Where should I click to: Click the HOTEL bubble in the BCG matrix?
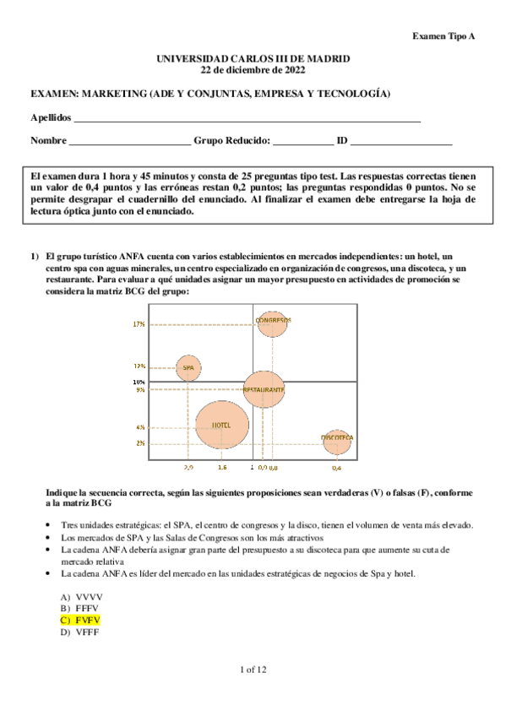pyautogui.click(x=221, y=425)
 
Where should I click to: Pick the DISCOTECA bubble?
pyautogui.click(x=336, y=437)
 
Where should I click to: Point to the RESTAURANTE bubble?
pyautogui.click(x=264, y=389)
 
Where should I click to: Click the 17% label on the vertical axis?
pyautogui.click(x=162, y=323)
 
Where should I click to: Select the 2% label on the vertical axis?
pyautogui.click(x=164, y=442)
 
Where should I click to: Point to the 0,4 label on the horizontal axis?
pyautogui.click(x=336, y=467)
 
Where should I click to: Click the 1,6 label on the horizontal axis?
pyautogui.click(x=221, y=467)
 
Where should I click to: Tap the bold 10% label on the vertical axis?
pyautogui.click(x=162, y=382)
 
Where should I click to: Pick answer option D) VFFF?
pyautogui.click(x=80, y=632)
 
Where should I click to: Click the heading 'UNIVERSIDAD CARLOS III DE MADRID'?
pyautogui.click(x=253, y=58)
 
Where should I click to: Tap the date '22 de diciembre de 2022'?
pyautogui.click(x=253, y=68)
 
